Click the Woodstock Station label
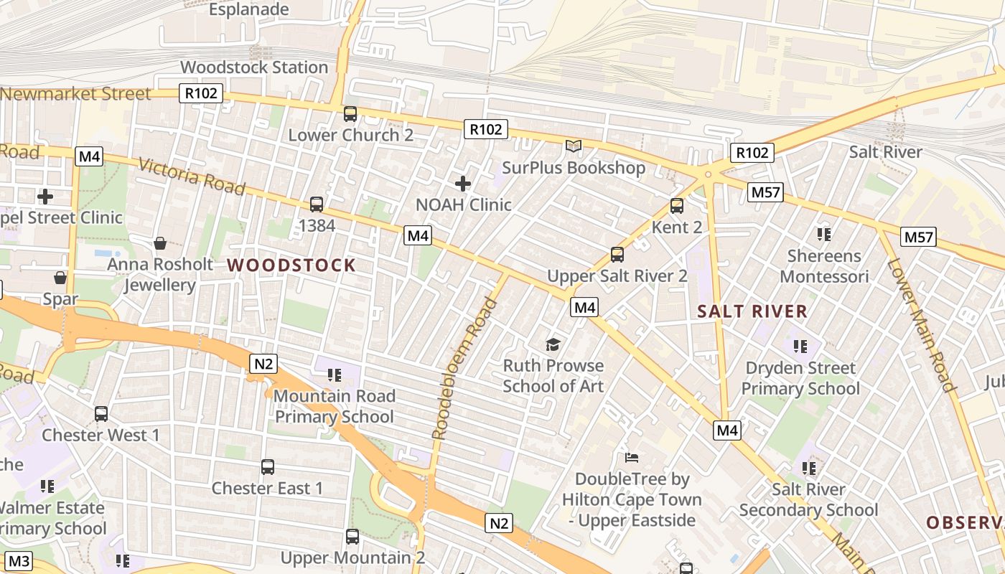click(254, 67)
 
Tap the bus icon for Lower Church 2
click(350, 114)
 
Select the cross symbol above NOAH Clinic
click(463, 184)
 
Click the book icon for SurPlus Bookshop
click(573, 146)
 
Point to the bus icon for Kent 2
click(676, 207)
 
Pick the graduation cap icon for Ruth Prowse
click(553, 345)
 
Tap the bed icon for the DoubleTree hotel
click(632, 457)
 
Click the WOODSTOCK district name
click(291, 265)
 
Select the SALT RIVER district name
click(753, 311)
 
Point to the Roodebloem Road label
click(465, 369)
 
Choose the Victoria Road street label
click(192, 177)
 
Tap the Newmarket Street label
click(76, 94)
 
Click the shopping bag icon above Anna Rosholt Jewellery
click(160, 244)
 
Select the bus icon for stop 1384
click(317, 204)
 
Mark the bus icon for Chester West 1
click(101, 414)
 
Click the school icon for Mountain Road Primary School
click(334, 375)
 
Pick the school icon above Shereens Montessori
click(824, 235)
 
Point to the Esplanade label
click(249, 9)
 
